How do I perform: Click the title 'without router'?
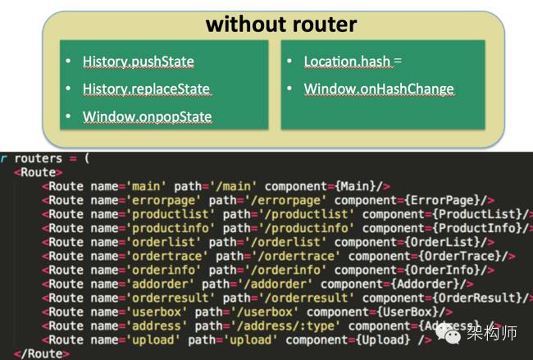[280, 24]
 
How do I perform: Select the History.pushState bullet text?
[139, 61]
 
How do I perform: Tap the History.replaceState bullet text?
[147, 89]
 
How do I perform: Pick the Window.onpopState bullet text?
[148, 116]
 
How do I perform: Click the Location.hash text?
[347, 61]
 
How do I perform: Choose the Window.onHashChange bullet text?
[379, 89]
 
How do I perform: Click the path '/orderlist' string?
[266, 242]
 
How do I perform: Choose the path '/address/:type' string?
[286, 326]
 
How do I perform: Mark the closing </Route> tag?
[38, 353]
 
